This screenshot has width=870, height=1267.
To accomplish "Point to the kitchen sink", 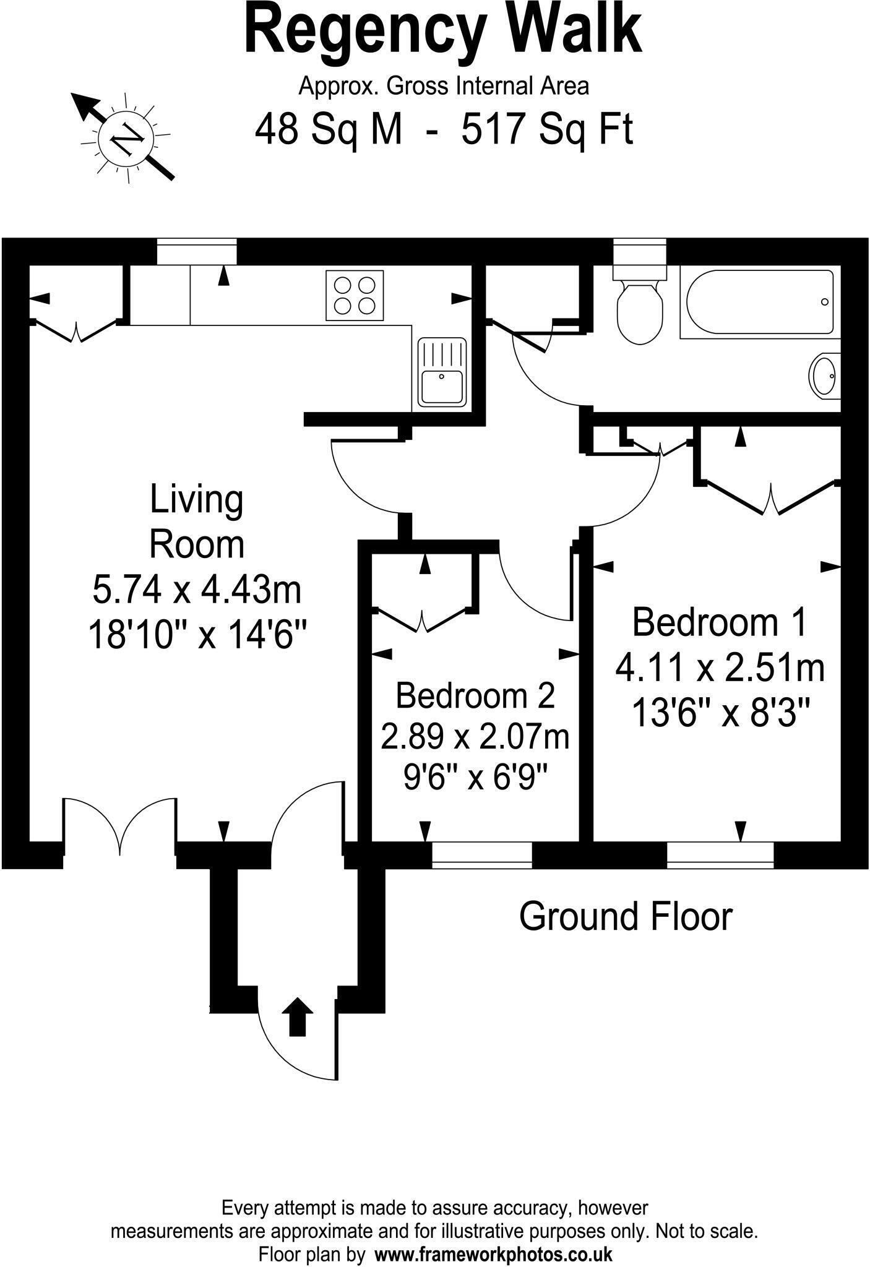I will tap(441, 372).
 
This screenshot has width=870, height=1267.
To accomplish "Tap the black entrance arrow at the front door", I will tap(298, 1016).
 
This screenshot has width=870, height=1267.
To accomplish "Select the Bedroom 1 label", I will tap(720, 622).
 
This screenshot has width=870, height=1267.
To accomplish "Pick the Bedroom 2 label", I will tap(475, 695).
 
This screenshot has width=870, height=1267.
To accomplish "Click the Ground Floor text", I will tap(625, 916).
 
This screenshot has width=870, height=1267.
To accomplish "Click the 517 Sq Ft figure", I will tap(547, 129).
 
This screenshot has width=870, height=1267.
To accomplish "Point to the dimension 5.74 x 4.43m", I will tap(197, 589).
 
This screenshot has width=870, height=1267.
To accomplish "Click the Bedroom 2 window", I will tap(481, 854).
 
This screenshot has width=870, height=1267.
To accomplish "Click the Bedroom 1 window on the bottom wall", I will tap(720, 854).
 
